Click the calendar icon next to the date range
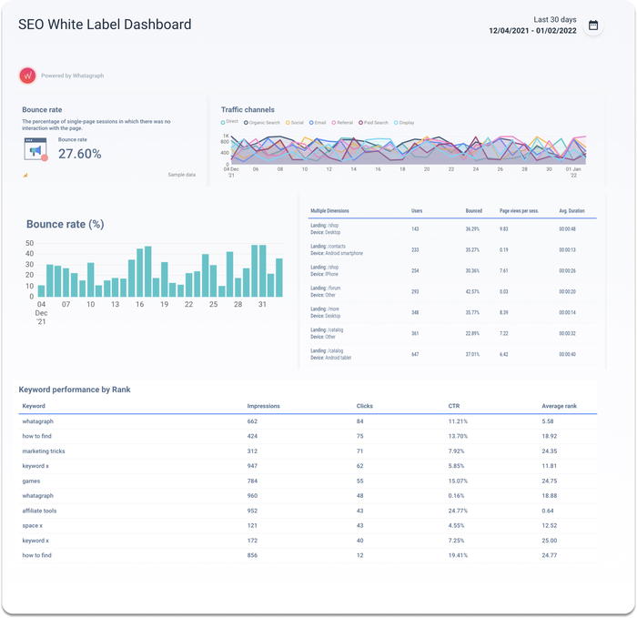click(x=593, y=25)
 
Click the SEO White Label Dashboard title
click(x=105, y=25)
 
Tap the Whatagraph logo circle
click(x=27, y=76)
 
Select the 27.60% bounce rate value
click(x=80, y=154)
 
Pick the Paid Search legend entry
click(x=375, y=122)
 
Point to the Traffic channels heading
click(x=248, y=109)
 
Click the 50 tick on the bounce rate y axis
click(x=29, y=244)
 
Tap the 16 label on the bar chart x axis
click(x=139, y=304)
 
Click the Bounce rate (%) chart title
click(x=65, y=224)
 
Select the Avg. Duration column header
click(x=571, y=211)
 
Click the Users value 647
click(x=415, y=354)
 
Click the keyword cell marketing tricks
click(x=44, y=451)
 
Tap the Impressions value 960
click(x=252, y=496)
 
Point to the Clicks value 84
click(x=360, y=421)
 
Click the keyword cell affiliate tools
click(x=39, y=511)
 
